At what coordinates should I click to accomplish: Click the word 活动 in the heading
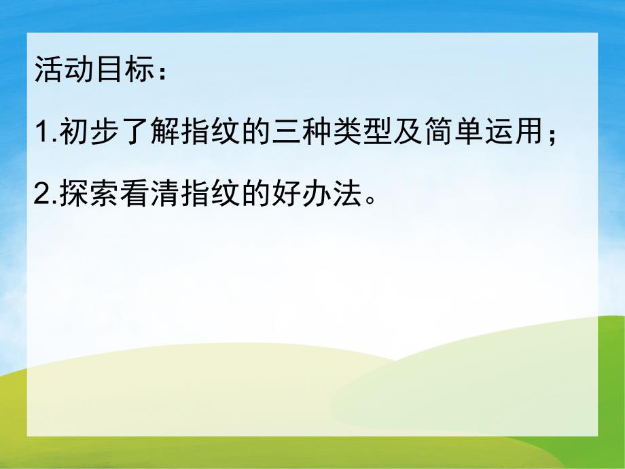(x=60, y=70)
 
